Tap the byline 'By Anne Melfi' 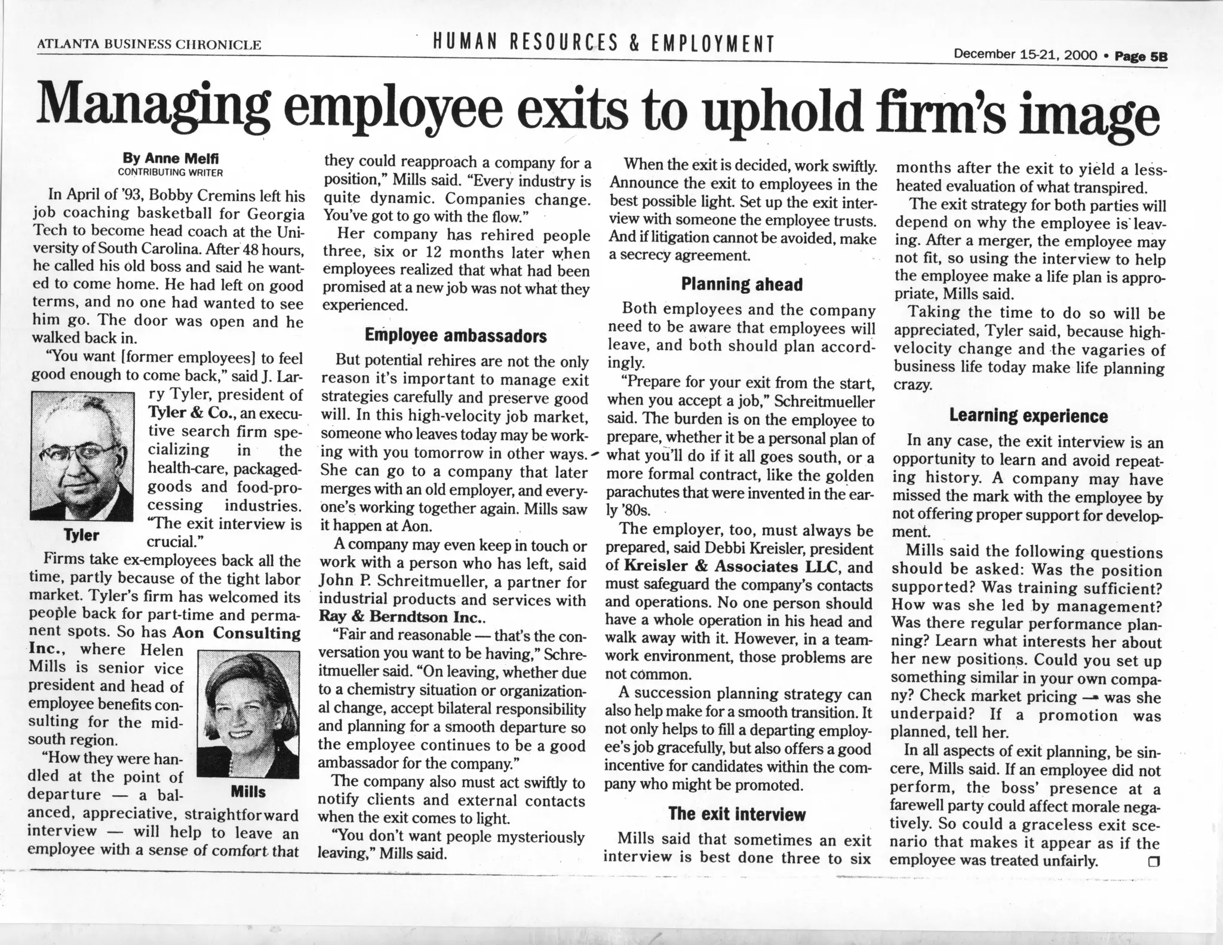click(x=171, y=158)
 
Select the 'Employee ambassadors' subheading click(x=456, y=336)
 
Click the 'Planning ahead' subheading click(x=742, y=284)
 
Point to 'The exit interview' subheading click(x=737, y=814)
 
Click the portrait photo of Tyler click(x=82, y=456)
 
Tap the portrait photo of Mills click(x=248, y=714)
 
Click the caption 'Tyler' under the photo click(x=82, y=535)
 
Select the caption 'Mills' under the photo click(x=248, y=792)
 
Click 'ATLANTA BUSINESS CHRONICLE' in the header click(x=149, y=44)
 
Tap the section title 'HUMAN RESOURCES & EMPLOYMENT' click(x=603, y=43)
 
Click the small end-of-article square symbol click(x=1153, y=861)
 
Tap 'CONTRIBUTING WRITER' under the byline click(x=170, y=173)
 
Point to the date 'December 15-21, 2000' click(x=1025, y=56)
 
